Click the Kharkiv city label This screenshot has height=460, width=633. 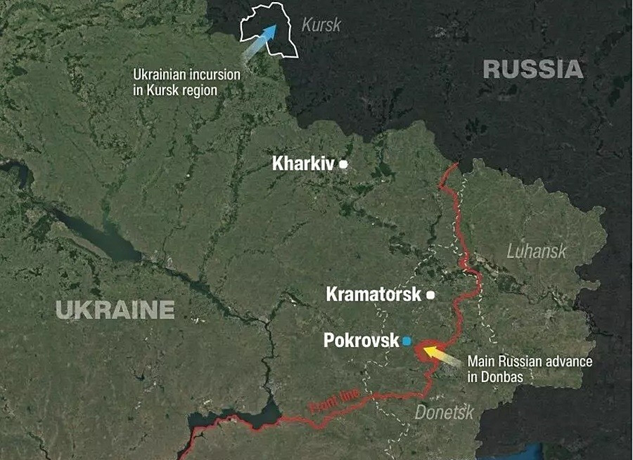click(x=302, y=164)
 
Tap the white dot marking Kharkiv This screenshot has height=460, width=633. click(x=344, y=164)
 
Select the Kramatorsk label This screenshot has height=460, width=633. click(x=373, y=294)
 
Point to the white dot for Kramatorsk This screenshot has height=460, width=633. click(x=430, y=295)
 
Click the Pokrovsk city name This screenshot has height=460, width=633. click(x=361, y=341)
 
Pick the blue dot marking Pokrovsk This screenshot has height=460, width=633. click(x=407, y=341)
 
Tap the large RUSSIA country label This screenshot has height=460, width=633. click(x=533, y=70)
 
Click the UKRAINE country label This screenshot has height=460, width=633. click(x=115, y=310)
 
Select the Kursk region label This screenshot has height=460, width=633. click(x=321, y=25)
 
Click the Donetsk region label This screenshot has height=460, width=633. click(x=444, y=413)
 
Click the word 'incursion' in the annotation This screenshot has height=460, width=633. click(x=218, y=74)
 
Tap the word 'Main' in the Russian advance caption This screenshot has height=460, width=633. click(x=482, y=362)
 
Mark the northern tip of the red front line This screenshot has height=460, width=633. click(x=458, y=164)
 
